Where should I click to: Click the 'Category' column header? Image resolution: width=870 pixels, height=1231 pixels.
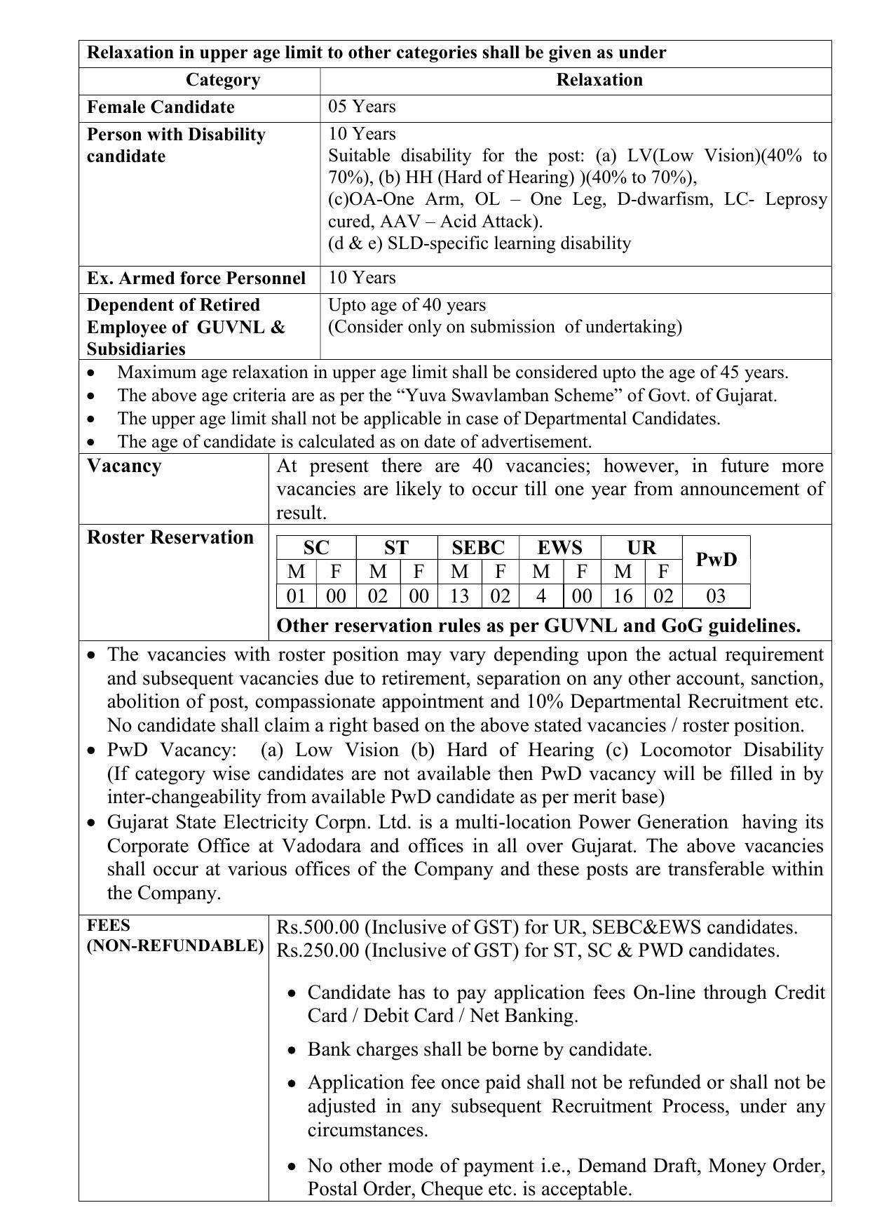pyautogui.click(x=222, y=80)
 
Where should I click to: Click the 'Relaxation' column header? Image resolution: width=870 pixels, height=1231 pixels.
pyautogui.click(x=599, y=80)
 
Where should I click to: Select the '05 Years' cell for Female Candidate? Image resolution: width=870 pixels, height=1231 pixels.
pyautogui.click(x=362, y=107)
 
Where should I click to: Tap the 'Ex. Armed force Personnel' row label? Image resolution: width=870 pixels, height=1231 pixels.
pyautogui.click(x=196, y=278)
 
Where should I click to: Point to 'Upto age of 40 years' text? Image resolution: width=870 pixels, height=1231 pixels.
pyautogui.click(x=407, y=305)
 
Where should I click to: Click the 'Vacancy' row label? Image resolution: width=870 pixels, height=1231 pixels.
pyautogui.click(x=124, y=466)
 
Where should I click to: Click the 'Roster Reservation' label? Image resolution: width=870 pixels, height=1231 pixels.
pyautogui.click(x=170, y=537)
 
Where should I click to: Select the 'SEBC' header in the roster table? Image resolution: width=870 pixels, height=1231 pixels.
pyautogui.click(x=478, y=548)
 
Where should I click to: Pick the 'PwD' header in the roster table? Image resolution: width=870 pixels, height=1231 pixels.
pyautogui.click(x=716, y=560)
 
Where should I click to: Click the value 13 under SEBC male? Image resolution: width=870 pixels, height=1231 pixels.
pyautogui.click(x=459, y=596)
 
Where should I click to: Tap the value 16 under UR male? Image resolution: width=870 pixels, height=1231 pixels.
pyautogui.click(x=623, y=596)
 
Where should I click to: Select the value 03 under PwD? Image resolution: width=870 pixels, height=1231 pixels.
pyautogui.click(x=716, y=596)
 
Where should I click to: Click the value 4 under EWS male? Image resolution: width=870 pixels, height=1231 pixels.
pyautogui.click(x=541, y=596)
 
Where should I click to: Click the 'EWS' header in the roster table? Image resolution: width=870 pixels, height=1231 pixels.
pyautogui.click(x=559, y=548)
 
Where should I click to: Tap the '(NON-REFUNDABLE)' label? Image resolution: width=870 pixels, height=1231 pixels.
pyautogui.click(x=175, y=946)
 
